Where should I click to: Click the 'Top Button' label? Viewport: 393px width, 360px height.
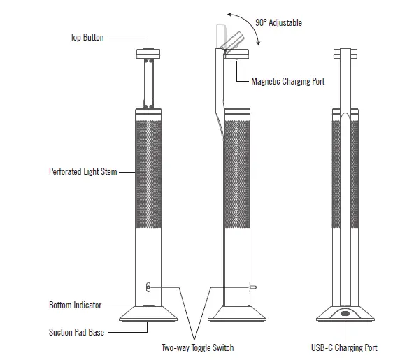coord(87,37)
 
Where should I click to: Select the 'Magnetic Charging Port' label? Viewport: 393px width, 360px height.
coord(287,82)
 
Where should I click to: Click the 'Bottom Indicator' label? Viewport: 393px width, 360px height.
coord(75,305)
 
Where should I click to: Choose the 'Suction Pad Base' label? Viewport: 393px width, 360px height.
coord(76,332)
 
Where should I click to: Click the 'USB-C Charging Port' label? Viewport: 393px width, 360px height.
coord(345,348)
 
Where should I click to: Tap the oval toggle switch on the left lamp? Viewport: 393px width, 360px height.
coord(147,287)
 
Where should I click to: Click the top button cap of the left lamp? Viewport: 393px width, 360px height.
coord(148,52)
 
